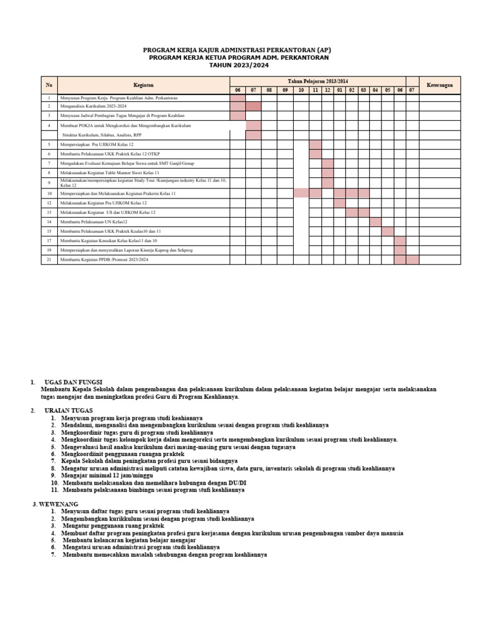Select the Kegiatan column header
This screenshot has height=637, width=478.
point(143,85)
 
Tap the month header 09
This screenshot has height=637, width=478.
point(285,90)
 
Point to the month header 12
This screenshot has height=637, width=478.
point(327,90)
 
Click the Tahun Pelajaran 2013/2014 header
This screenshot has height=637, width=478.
point(317,81)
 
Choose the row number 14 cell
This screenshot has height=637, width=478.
point(49,221)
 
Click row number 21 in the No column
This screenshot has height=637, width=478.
point(49,259)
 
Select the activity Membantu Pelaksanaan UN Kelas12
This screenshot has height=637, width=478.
point(93,221)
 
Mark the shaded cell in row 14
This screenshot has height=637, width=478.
point(375,221)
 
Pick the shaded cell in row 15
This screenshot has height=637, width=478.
point(388,231)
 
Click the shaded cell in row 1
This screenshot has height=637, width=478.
point(237,98)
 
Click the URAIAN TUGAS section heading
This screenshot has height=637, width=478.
point(68,411)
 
